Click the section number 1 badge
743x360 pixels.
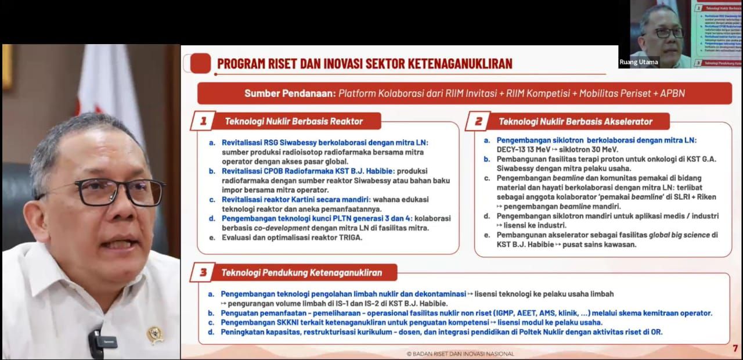203,121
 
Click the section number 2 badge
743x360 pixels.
478,121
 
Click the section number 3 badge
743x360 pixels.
203,272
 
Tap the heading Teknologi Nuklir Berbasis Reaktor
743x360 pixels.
294,121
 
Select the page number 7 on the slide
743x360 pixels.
735,348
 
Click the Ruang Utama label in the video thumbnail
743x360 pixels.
639,62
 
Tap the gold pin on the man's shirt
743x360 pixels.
154,334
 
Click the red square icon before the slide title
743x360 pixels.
200,63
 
